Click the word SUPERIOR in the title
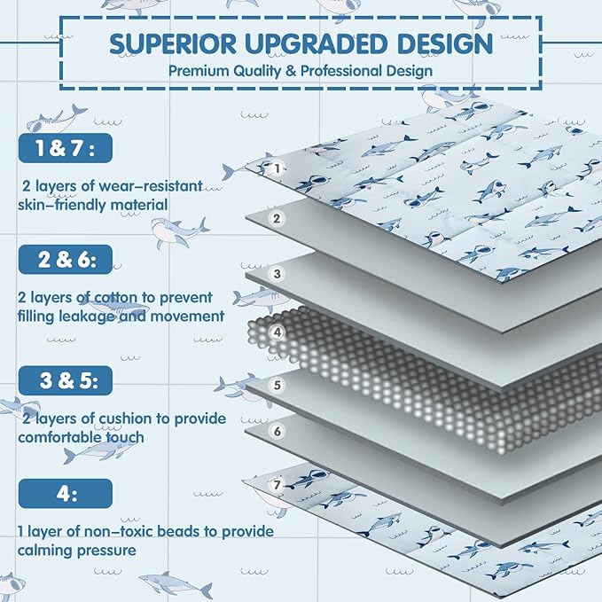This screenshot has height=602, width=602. tap(173, 43)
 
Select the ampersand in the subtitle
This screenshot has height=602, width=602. tap(290, 71)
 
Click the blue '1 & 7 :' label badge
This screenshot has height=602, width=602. tap(66, 148)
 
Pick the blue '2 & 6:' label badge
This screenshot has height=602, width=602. tap(66, 260)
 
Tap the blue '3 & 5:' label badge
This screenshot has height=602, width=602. tap(66, 380)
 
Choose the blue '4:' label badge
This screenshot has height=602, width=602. tap(66, 493)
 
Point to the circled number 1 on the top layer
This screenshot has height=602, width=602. tap(278, 168)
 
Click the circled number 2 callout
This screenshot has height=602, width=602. tap(277, 218)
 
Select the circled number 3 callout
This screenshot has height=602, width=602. tap(277, 274)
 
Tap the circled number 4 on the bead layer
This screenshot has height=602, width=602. tap(278, 332)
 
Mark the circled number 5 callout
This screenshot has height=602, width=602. tap(278, 385)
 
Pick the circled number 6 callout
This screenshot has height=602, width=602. tap(278, 431)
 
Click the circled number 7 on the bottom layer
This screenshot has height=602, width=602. tap(278, 485)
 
